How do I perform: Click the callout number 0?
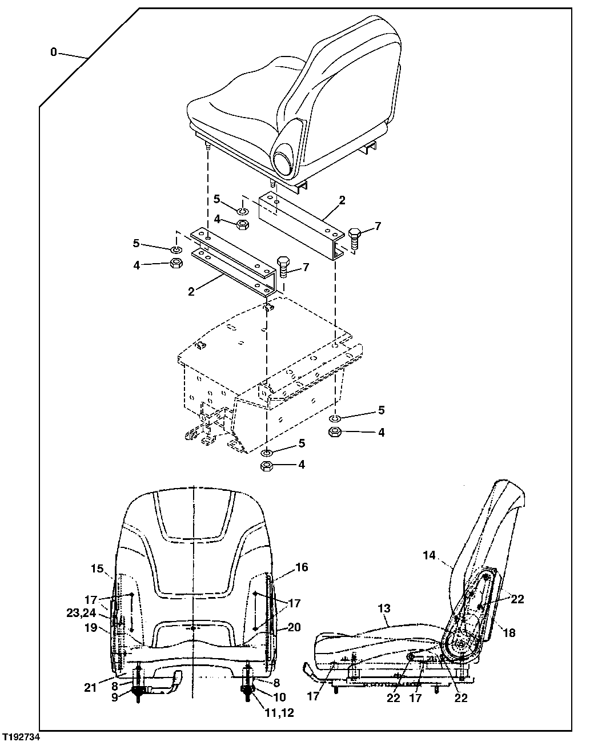53,53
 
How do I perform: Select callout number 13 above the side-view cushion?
384,609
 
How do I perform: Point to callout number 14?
430,554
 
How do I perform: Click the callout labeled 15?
97,568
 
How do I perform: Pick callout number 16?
302,567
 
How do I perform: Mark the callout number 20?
294,627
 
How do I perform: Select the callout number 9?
114,697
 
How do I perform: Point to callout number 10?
279,697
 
